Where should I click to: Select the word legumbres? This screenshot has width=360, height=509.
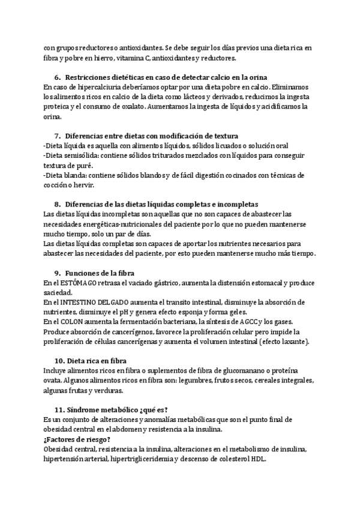click(186, 381)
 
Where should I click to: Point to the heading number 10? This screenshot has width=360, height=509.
click(59, 360)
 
